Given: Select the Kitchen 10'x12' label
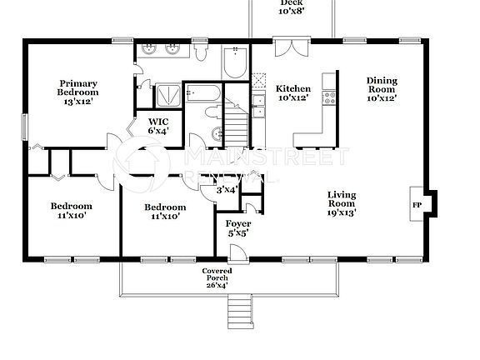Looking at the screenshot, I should pyautogui.click(x=293, y=93).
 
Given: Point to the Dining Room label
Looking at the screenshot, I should pyautogui.click(x=382, y=88).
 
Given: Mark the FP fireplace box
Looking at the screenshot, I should pyautogui.click(x=417, y=202).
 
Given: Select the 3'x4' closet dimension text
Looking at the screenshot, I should pyautogui.click(x=227, y=190).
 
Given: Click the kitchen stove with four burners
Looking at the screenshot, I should pyautogui.click(x=329, y=97).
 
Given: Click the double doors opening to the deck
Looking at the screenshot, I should pyautogui.click(x=285, y=47).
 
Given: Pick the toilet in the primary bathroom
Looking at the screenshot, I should pyautogui.click(x=202, y=52).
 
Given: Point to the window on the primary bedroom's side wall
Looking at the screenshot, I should pyautogui.click(x=24, y=127).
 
